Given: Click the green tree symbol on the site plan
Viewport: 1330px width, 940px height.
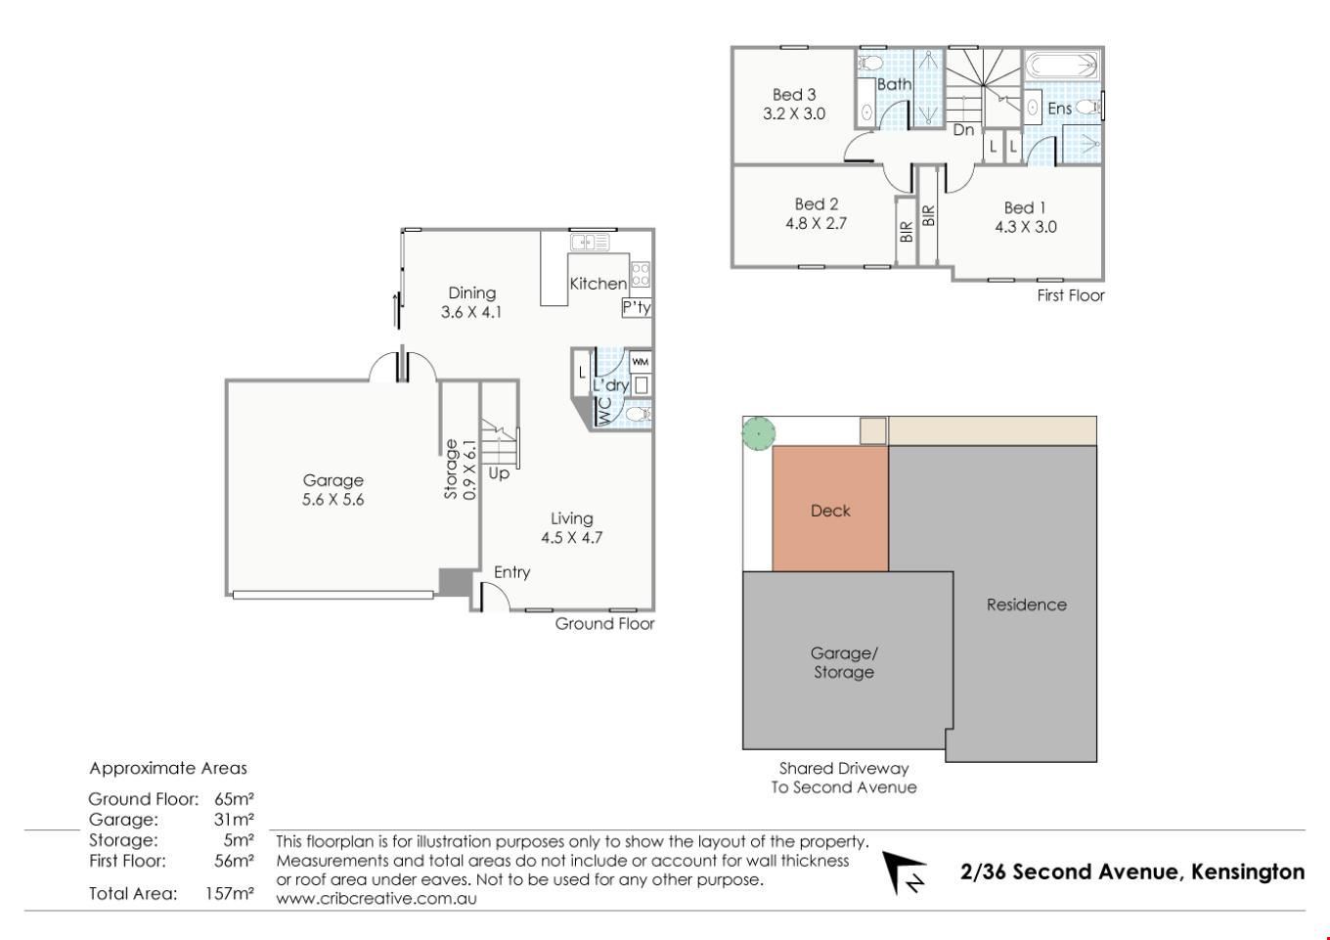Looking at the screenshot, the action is point(759,433).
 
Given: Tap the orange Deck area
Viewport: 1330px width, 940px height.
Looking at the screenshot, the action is point(830,509).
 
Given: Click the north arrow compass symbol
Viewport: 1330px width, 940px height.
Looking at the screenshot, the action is point(903,873).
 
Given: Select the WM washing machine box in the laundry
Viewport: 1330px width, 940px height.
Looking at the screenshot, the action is point(640,362).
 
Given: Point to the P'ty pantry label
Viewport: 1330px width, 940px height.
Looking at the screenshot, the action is point(637,307).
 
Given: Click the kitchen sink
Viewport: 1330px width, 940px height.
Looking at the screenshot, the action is point(591,243).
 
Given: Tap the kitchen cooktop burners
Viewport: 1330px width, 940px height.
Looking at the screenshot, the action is point(640,275).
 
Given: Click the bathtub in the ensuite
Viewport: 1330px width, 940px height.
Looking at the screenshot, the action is point(1062,65).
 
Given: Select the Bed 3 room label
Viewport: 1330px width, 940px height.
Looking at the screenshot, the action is point(794,95).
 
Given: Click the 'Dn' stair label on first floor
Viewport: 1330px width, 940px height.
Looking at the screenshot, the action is point(963,129).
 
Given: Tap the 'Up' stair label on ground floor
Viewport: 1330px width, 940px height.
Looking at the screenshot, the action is point(499,473).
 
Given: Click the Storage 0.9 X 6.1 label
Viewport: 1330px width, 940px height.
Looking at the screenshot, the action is point(461,470).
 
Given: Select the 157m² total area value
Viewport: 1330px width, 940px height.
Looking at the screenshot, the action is point(230,893).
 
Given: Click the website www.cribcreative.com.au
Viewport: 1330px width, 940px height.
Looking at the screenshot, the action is point(377,899).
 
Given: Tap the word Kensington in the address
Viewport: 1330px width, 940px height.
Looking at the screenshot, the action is point(1248,872).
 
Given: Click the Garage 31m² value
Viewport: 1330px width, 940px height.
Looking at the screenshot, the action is point(234,820).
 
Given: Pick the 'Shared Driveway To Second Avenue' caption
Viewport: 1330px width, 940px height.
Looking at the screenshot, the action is point(844,778).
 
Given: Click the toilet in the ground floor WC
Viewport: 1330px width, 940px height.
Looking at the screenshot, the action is point(639,414).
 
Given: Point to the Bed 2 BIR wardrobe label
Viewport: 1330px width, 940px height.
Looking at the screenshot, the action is point(906,232).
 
